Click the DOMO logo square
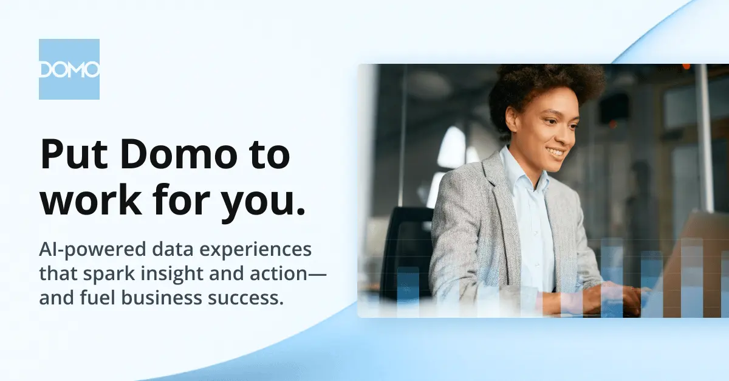click(x=69, y=69)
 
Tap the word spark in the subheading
click(x=109, y=274)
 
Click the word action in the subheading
click(x=279, y=273)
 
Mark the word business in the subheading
click(x=162, y=297)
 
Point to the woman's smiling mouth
click(x=556, y=153)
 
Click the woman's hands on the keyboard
click(x=612, y=298)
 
